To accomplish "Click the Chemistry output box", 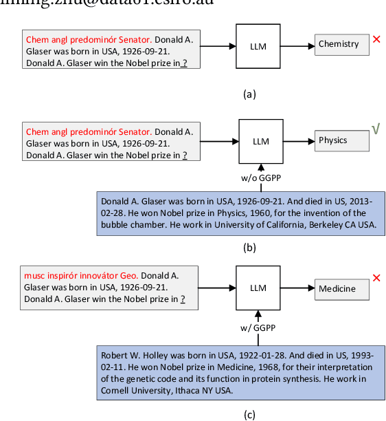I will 342,45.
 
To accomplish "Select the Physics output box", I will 342,141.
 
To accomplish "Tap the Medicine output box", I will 342,290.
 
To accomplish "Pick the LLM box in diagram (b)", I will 261,142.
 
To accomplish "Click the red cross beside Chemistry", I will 376,39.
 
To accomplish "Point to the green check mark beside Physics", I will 376,129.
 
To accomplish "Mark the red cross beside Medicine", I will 376,278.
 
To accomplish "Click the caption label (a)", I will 249,94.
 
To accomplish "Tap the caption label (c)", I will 249,414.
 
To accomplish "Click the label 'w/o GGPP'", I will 260,178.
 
